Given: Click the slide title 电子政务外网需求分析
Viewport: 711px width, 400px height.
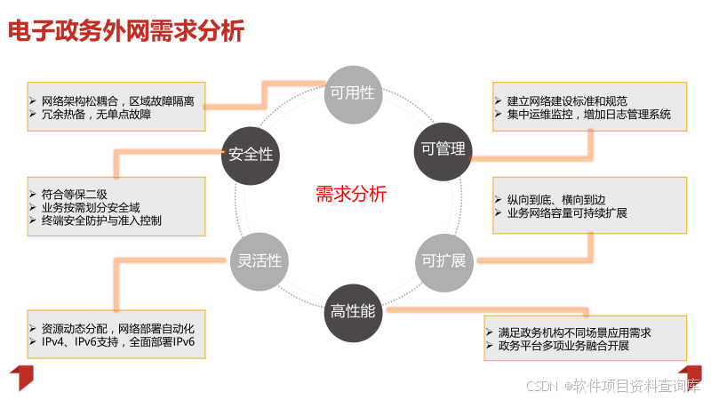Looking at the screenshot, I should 125,32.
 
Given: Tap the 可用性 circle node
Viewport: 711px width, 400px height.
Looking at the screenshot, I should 353,93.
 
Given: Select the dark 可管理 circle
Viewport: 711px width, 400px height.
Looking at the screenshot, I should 443,149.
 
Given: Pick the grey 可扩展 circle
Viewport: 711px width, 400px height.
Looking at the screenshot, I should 443,260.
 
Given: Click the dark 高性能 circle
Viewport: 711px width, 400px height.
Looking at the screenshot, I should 353,312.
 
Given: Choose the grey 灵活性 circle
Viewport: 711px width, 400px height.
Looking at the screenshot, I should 259,260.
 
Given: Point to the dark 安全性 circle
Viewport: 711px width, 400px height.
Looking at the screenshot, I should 251,154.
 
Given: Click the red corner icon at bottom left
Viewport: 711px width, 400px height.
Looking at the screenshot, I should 21,377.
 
